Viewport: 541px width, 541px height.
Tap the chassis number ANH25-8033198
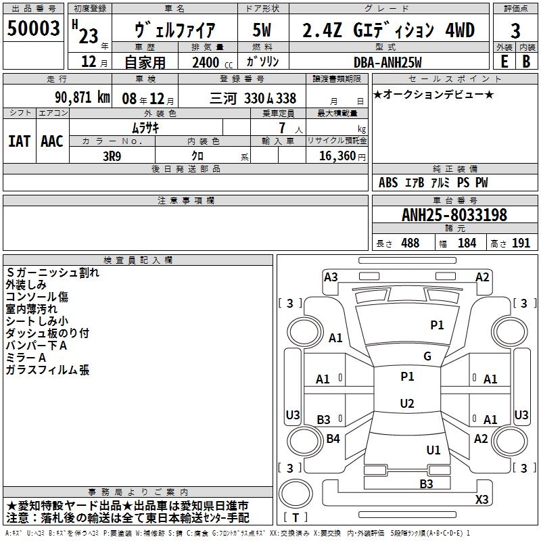[x=454, y=215]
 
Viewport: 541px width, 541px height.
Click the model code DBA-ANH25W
[x=387, y=62]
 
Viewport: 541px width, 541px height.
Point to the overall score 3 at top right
[x=515, y=30]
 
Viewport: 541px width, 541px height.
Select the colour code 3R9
[x=113, y=155]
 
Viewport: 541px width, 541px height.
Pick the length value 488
[x=410, y=243]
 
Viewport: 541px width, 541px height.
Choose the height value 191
[x=521, y=243]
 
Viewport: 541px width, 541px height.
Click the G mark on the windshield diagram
[x=427, y=356]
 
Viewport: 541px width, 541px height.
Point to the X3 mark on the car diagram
[x=481, y=500]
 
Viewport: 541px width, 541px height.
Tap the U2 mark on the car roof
[x=406, y=404]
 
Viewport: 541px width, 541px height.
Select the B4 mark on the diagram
[x=333, y=439]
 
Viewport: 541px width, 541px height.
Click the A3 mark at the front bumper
[x=331, y=277]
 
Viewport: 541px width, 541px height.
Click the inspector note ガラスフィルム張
[x=47, y=370]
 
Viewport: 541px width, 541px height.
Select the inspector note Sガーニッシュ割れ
[x=52, y=273]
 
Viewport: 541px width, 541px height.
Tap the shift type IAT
[x=19, y=141]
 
